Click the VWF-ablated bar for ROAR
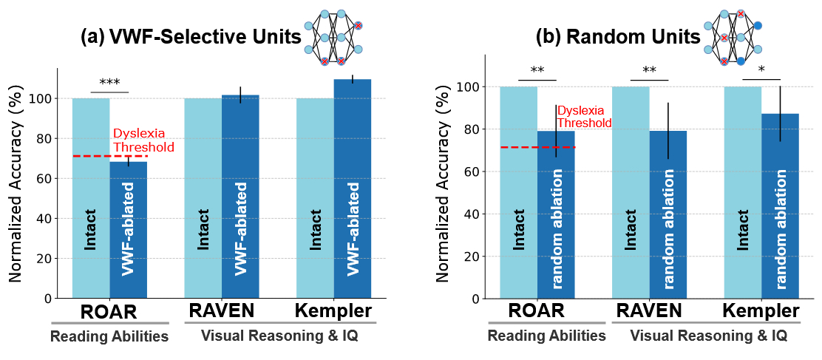pos(129,229)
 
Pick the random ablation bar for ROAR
pos(556,214)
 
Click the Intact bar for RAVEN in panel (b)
pos(631,192)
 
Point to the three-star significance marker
pos(109,83)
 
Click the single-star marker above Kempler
pos(761,70)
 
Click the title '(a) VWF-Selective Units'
pos(191,38)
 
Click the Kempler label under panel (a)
pos(333,310)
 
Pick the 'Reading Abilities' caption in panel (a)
pos(109,337)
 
